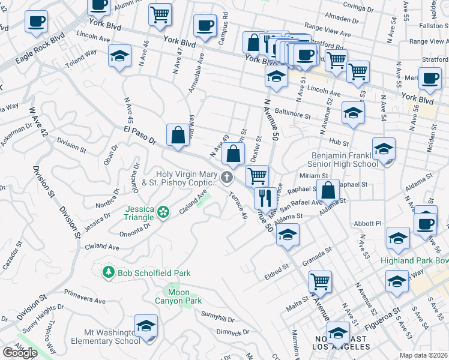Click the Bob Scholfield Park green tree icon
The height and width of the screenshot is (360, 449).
click(x=108, y=273)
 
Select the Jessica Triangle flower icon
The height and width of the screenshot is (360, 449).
click(x=163, y=211)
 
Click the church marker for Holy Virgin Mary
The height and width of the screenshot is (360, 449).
click(x=226, y=176)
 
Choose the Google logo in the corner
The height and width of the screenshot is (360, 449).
click(x=20, y=353)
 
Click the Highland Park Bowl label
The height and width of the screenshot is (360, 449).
click(x=414, y=261)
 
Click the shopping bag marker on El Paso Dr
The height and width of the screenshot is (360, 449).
click(x=178, y=135)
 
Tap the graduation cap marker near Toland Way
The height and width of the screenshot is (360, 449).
click(x=119, y=56)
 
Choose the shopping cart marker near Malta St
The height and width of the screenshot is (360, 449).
click(x=320, y=281)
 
